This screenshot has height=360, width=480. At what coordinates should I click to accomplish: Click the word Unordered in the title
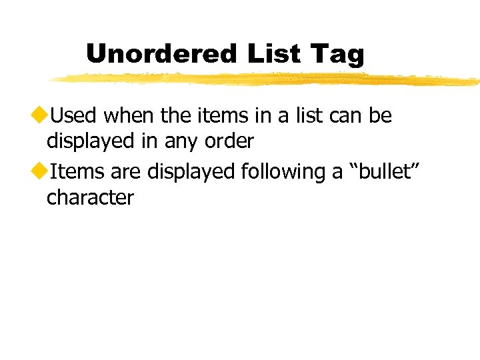(x=160, y=53)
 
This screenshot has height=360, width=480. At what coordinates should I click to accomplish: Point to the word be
(x=381, y=116)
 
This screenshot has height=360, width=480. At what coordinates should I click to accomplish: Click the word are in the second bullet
(x=126, y=172)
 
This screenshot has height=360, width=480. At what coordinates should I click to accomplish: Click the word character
(x=90, y=197)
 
